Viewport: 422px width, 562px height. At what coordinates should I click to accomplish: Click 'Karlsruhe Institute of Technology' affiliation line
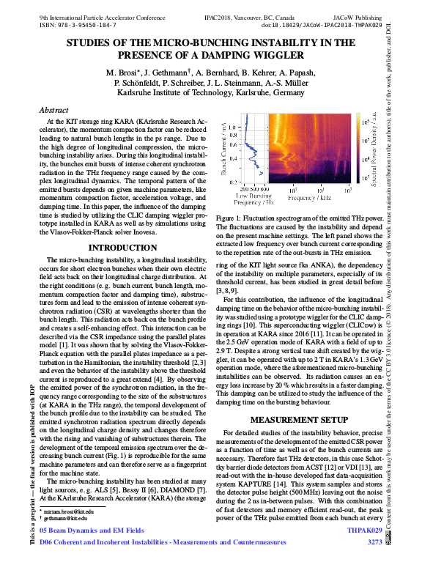pos(211,93)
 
